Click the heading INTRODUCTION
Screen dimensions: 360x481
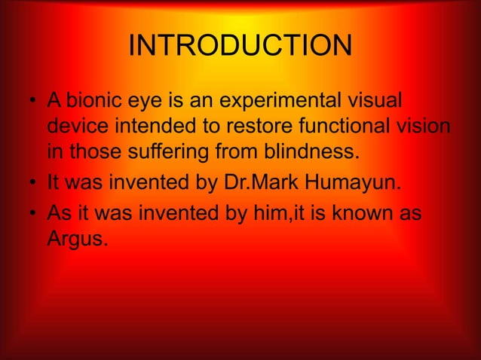coord(240,47)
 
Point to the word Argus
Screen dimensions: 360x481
coord(79,240)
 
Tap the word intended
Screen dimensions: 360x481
coord(152,127)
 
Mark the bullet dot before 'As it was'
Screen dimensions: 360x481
coord(34,215)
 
